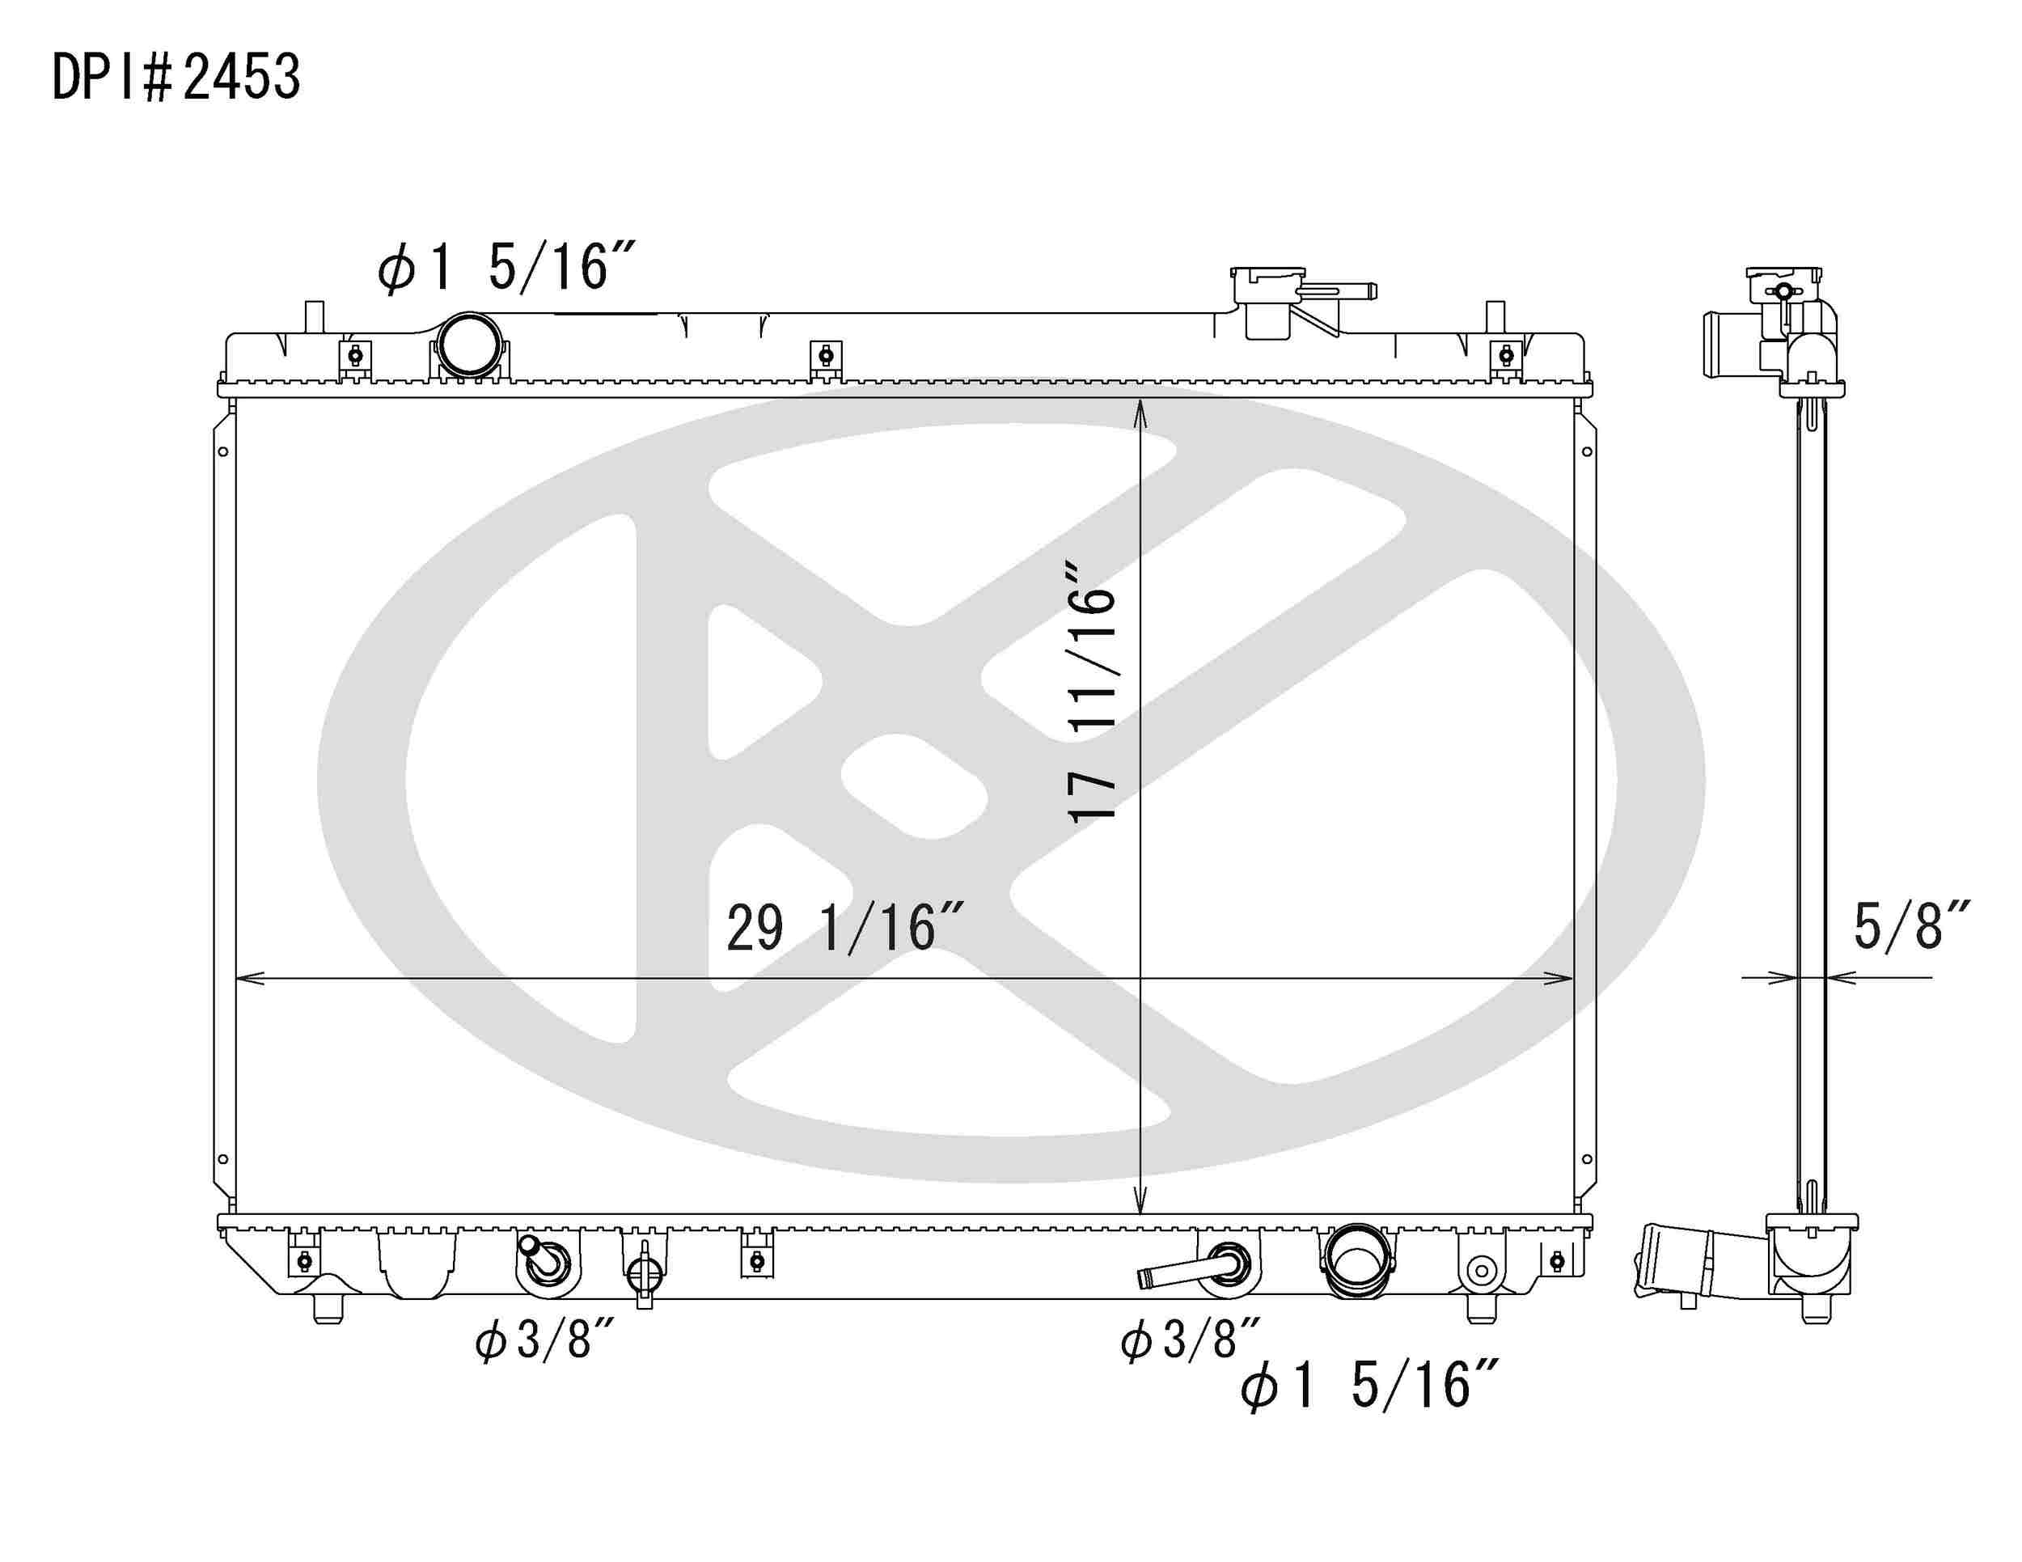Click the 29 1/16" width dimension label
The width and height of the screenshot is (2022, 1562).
click(845, 929)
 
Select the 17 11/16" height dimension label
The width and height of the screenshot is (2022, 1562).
click(1093, 690)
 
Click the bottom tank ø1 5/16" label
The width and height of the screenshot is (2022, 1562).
click(1368, 1386)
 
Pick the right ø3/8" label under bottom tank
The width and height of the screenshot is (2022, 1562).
click(1190, 1339)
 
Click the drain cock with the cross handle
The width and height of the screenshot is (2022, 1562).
click(645, 1275)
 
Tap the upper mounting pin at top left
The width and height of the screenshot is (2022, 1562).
click(315, 316)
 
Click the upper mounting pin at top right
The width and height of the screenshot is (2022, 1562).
click(1495, 316)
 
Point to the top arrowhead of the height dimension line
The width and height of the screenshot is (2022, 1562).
click(1140, 412)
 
